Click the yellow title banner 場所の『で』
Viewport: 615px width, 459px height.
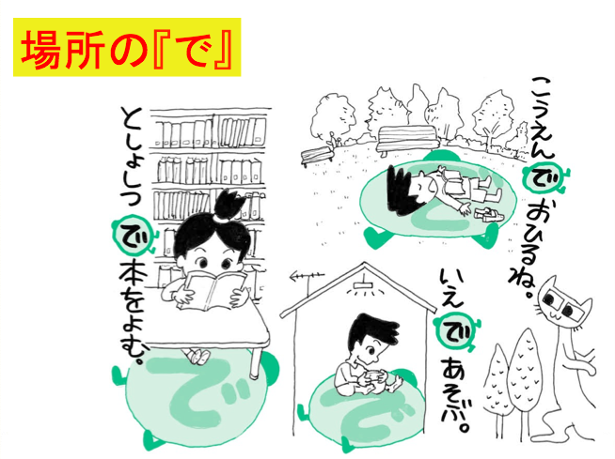click(x=127, y=47)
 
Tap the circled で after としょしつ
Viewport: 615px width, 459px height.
click(x=131, y=235)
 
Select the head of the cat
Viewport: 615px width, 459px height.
click(x=565, y=302)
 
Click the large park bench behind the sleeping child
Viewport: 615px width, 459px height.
click(x=407, y=140)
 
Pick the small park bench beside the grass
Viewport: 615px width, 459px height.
click(x=317, y=155)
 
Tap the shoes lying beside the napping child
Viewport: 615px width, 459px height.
click(x=485, y=214)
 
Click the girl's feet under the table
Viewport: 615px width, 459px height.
click(x=197, y=356)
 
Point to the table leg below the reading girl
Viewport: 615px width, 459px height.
click(x=256, y=363)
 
